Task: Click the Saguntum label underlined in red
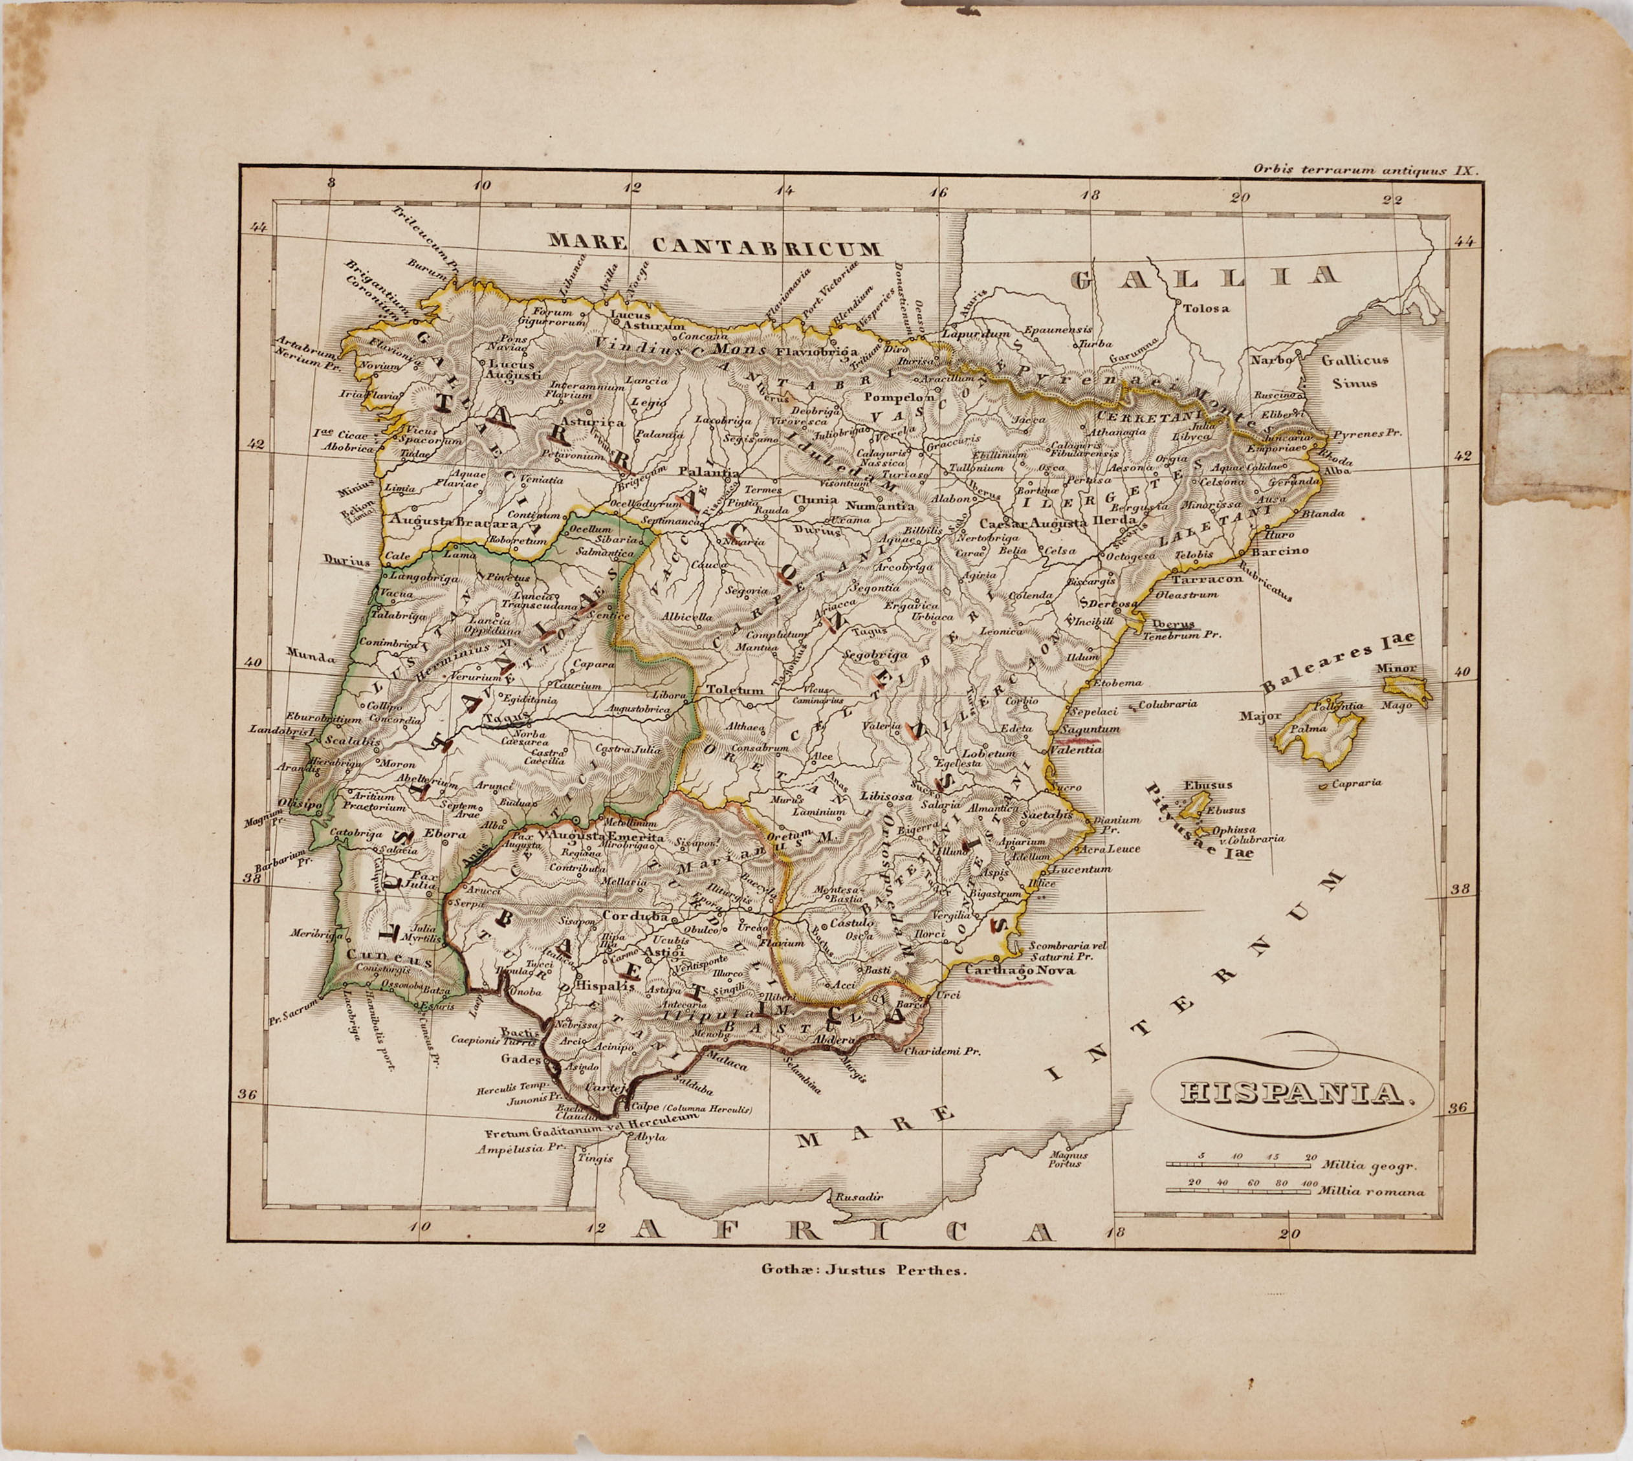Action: (x=1090, y=729)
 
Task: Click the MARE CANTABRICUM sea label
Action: (x=714, y=244)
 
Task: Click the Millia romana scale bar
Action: (x=1241, y=1191)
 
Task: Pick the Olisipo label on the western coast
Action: (x=300, y=803)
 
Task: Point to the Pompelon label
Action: (x=899, y=396)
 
